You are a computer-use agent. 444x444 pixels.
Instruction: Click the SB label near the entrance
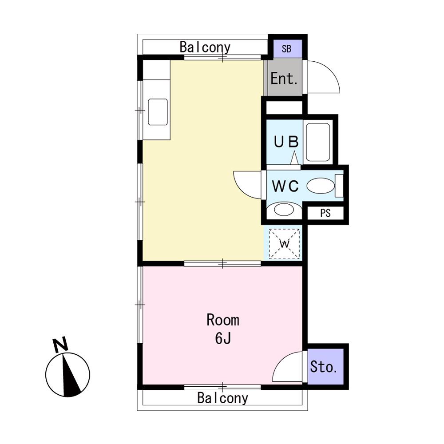(286, 49)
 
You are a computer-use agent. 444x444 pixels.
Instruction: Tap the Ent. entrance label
(284, 79)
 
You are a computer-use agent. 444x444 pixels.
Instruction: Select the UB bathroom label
(286, 142)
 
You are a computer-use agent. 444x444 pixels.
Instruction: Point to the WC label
(285, 186)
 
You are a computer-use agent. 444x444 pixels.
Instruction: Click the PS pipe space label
(325, 213)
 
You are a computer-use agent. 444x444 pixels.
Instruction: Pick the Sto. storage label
(324, 367)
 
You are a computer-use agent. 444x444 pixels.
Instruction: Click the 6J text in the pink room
(223, 338)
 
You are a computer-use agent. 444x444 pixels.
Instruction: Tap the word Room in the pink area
(223, 320)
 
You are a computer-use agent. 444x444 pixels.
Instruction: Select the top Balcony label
(205, 48)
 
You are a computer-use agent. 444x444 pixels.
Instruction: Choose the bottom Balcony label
(222, 398)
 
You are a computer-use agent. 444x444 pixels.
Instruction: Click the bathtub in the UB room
(318, 143)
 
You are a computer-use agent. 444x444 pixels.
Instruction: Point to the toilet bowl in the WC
(321, 186)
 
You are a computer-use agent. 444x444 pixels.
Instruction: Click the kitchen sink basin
(158, 112)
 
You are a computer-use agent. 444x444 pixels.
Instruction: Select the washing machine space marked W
(284, 244)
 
